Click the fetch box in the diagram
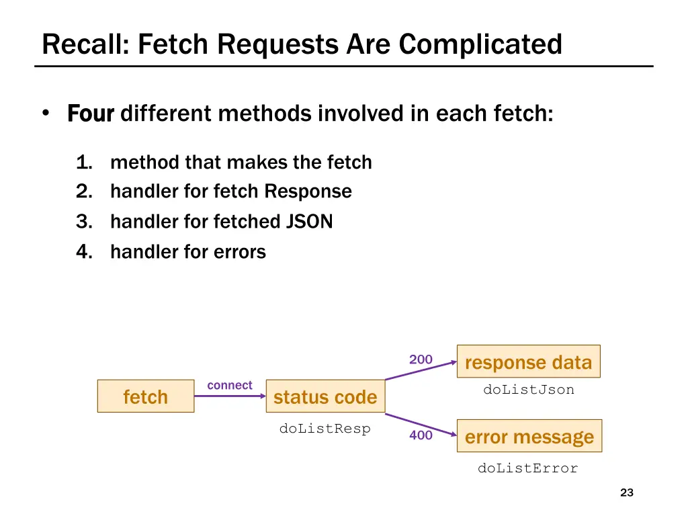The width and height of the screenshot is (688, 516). [146, 396]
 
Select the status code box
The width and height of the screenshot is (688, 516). [325, 396]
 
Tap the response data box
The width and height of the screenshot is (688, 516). [528, 362]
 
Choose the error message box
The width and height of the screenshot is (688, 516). [529, 437]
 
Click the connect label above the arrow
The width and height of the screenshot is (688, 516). [230, 385]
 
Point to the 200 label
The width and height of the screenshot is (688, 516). [421, 359]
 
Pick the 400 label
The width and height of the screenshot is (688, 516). [421, 435]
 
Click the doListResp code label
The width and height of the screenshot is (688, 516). [325, 429]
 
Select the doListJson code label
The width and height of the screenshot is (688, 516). [529, 390]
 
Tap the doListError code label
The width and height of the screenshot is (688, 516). [528, 468]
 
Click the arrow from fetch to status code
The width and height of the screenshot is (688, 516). [230, 396]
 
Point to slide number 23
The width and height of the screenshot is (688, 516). [627, 493]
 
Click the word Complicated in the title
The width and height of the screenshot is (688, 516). [480, 44]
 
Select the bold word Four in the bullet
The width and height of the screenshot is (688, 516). [91, 114]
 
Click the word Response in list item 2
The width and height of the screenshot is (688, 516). [308, 191]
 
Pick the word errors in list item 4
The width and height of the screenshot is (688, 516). [240, 253]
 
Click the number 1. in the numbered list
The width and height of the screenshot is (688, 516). [84, 163]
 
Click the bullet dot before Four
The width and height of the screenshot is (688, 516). [46, 114]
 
